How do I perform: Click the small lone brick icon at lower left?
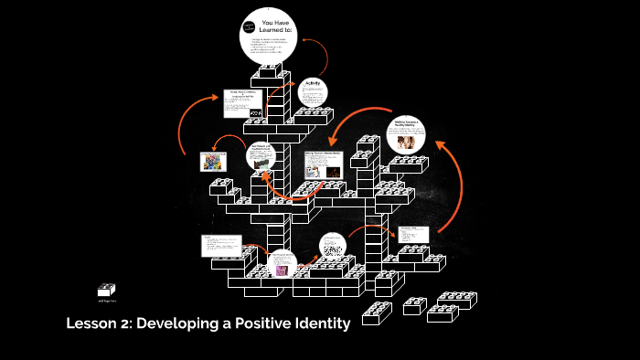coord(107,289)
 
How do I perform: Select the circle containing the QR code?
coord(334,247)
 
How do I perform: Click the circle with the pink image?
coord(282,264)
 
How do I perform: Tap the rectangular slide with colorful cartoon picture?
coord(213,162)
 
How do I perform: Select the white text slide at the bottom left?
coord(222,246)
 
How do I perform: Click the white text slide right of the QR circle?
coord(413,234)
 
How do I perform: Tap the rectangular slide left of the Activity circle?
coord(243,103)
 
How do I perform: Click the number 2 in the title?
coord(129,323)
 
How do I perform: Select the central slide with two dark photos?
coord(323,164)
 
